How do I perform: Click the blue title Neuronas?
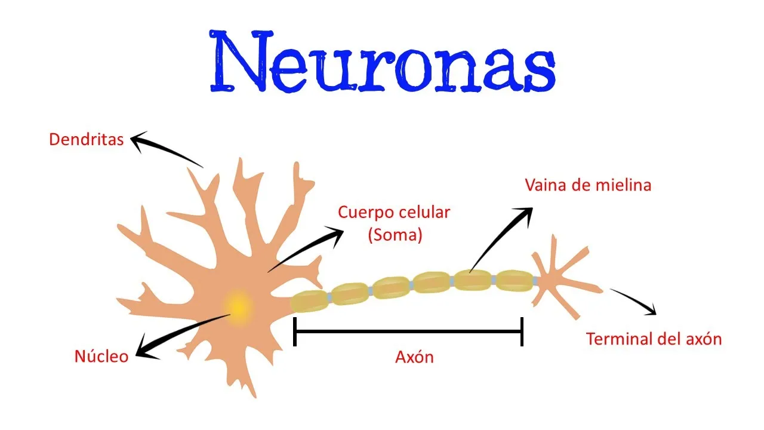[383, 62]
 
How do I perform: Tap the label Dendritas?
[87, 140]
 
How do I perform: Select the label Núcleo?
[101, 357]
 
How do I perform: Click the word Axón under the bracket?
[414, 357]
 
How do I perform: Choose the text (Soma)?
[395, 235]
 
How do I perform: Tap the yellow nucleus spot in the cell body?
[238, 307]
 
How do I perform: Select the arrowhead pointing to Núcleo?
[145, 349]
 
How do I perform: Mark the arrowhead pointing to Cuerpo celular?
[336, 235]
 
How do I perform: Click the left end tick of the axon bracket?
[295, 331]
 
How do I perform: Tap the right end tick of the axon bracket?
[522, 331]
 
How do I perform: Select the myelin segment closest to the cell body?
[309, 301]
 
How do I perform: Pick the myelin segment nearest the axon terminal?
[514, 281]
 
